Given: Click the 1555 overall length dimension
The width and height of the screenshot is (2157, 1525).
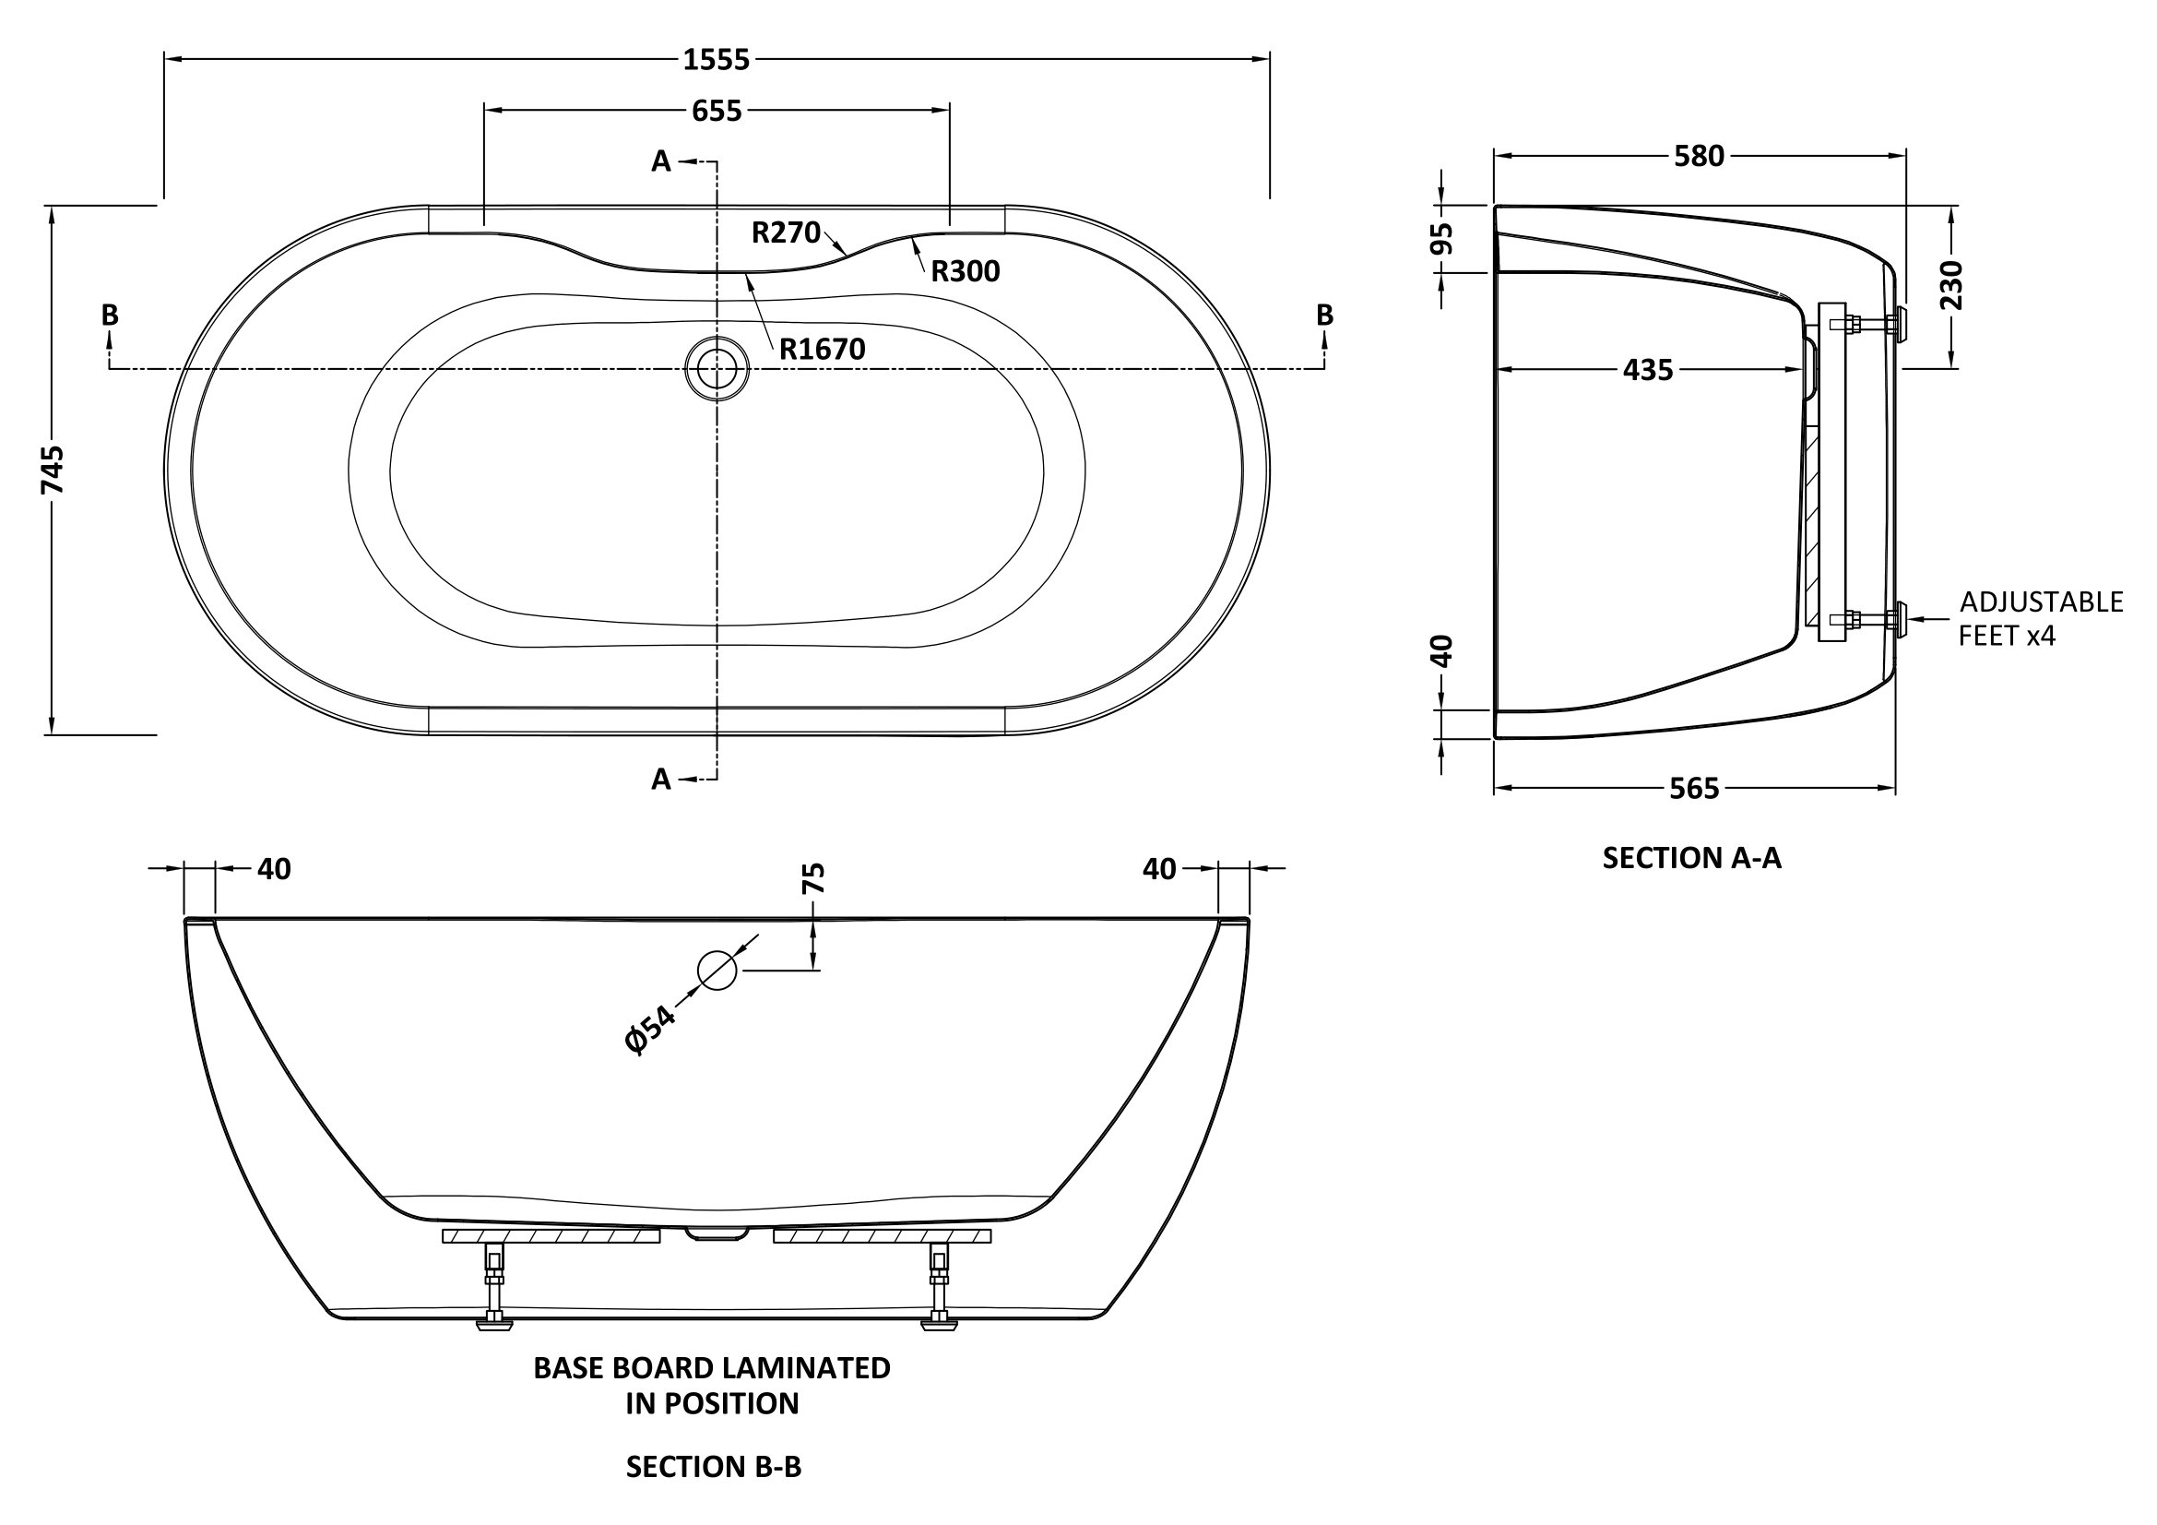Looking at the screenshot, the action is click(x=716, y=60).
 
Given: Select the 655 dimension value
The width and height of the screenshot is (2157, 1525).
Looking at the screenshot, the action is click(x=717, y=111).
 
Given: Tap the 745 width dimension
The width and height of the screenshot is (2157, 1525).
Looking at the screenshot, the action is click(x=53, y=470).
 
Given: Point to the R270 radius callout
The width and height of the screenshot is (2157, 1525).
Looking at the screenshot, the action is click(x=787, y=232).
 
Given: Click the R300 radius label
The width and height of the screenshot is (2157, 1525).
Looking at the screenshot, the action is click(x=966, y=271).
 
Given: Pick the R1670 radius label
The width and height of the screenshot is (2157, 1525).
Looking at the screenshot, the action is click(x=822, y=350).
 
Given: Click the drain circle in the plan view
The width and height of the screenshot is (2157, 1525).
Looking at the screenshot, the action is click(x=717, y=368).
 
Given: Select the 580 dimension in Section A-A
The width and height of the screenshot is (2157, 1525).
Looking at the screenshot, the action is click(x=1700, y=156).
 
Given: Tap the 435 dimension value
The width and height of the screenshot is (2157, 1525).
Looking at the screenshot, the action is click(x=1648, y=370).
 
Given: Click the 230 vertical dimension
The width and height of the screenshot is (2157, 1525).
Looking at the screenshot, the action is click(x=1950, y=286).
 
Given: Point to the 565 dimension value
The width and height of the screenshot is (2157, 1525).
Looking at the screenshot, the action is click(x=1694, y=789).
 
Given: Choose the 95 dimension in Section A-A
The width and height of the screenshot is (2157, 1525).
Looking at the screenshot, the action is click(x=1441, y=239).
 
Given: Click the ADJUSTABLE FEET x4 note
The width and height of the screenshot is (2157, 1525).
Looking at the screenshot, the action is click(x=2041, y=618).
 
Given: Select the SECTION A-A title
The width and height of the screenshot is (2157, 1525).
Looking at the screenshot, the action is click(x=1691, y=858).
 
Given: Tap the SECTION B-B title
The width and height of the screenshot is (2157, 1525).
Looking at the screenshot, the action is click(x=714, y=1467).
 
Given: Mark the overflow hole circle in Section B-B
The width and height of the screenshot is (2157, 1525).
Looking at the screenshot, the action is click(x=717, y=970).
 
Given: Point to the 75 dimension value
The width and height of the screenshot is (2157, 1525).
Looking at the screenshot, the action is click(x=814, y=877).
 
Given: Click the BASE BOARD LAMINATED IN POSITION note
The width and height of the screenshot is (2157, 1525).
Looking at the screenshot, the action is click(x=712, y=1385).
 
